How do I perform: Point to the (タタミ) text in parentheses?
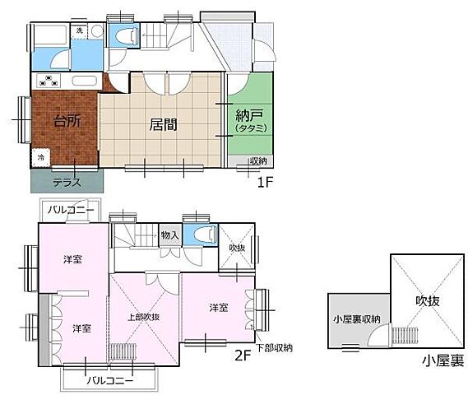click(248, 129)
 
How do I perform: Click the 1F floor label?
click(264, 181)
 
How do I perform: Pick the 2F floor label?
click(243, 355)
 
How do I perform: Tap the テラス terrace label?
click(66, 182)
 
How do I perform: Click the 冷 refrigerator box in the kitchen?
click(39, 156)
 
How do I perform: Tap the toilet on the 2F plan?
click(201, 235)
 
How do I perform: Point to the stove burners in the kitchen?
click(48, 81)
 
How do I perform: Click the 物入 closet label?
click(169, 235)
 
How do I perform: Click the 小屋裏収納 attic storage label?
click(356, 318)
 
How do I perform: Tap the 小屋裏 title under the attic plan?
click(443, 360)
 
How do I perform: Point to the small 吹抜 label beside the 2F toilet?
click(237, 247)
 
